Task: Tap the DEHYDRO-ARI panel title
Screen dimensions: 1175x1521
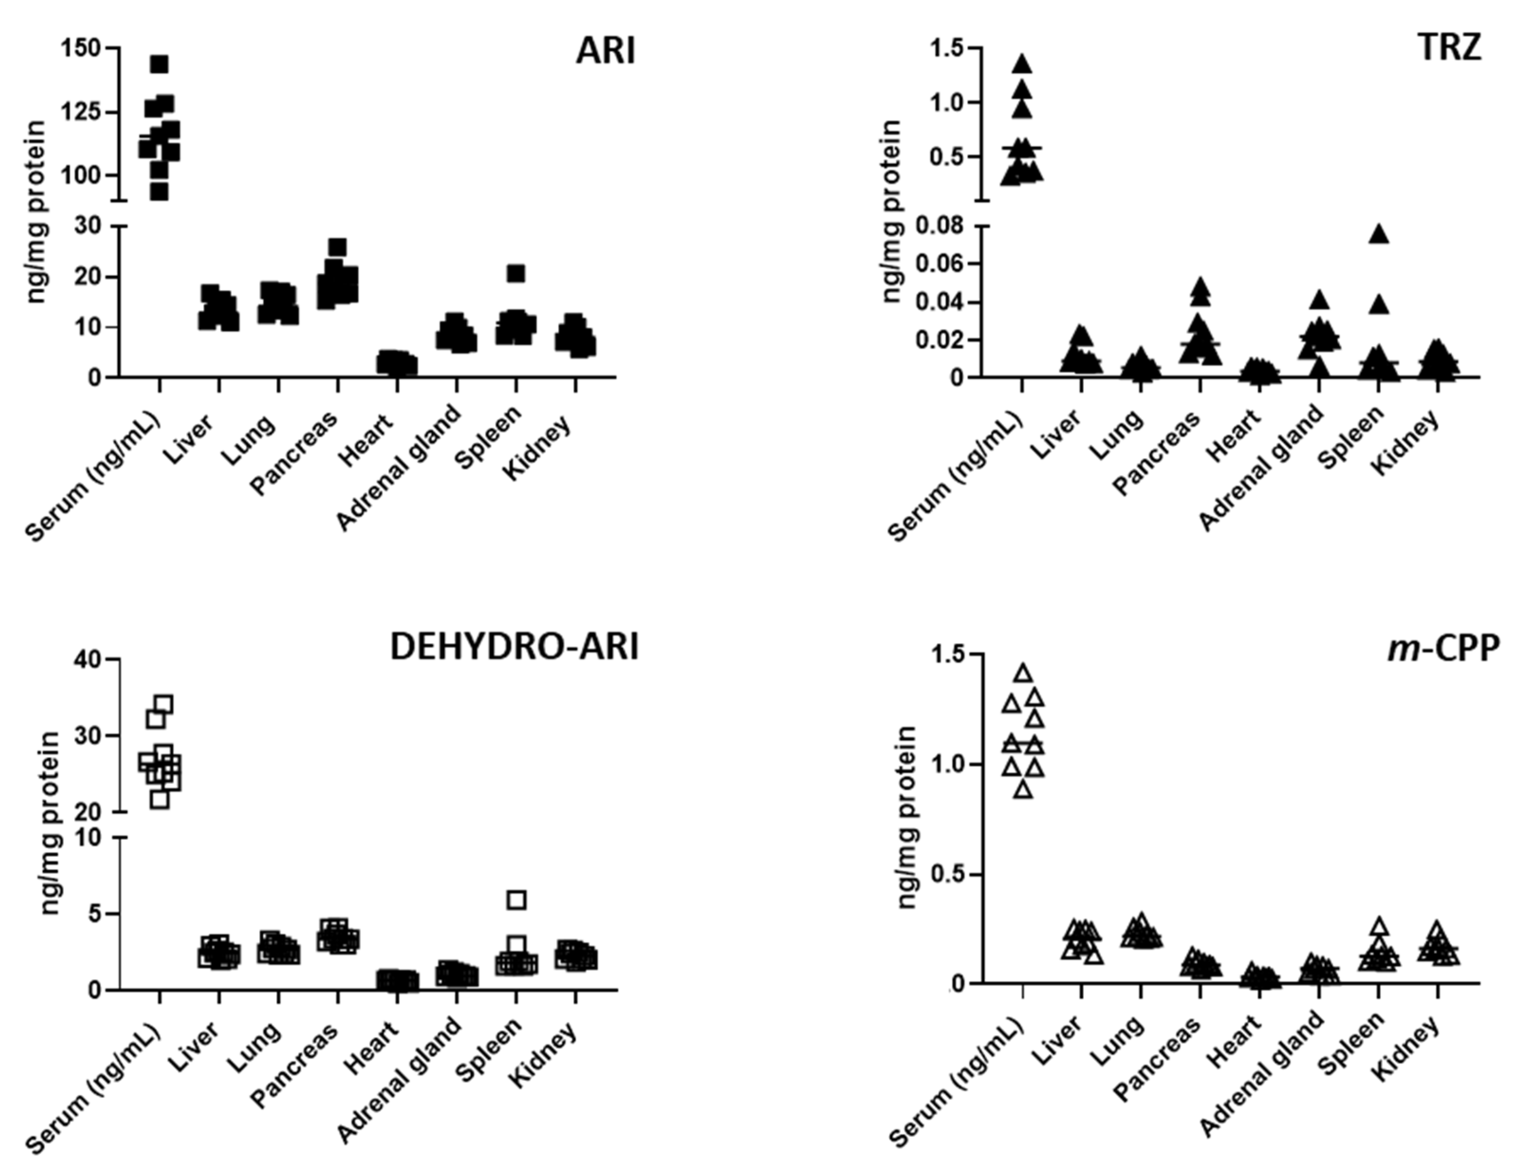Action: tap(514, 647)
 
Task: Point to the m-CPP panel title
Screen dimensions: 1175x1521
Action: tap(1443, 648)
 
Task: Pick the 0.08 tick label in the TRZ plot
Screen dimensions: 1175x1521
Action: tap(938, 226)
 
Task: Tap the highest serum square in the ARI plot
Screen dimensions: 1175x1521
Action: tap(159, 64)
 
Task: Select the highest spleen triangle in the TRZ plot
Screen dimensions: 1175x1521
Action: tap(1380, 235)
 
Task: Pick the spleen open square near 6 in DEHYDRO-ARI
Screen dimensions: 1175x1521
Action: tap(516, 900)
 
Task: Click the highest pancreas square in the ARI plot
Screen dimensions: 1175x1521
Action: tap(338, 247)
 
